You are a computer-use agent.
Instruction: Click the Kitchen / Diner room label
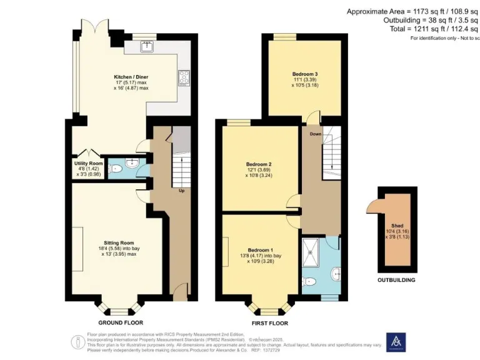(131, 77)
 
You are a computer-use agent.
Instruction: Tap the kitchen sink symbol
(149, 46)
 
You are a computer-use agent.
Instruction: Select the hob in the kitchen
(185, 77)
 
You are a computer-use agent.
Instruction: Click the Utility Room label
(84, 164)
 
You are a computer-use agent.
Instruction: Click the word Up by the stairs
(182, 191)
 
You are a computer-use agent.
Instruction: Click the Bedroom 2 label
(259, 165)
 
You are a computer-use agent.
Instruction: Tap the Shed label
(397, 226)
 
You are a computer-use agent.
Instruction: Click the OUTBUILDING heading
(396, 280)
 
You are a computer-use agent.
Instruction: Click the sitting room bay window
(117, 308)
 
